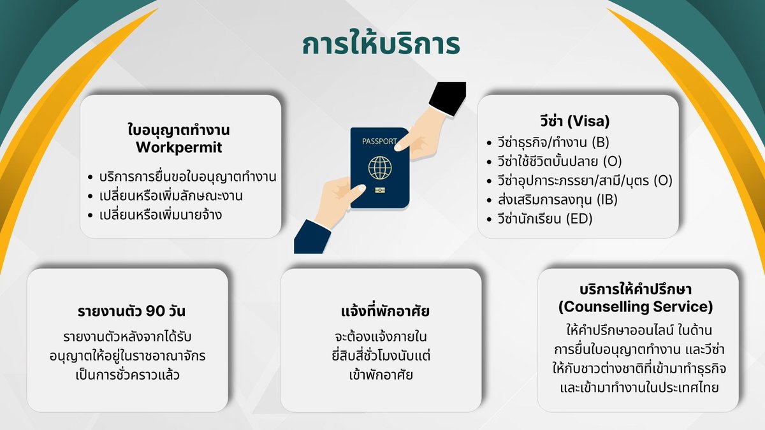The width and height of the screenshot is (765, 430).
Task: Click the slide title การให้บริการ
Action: (381, 46)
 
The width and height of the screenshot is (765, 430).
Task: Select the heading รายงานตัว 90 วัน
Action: (127, 312)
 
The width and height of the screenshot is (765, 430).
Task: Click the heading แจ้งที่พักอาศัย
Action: (381, 312)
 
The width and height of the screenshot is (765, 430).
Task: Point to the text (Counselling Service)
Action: (636, 307)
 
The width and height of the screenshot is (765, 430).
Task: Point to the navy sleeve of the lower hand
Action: (312, 237)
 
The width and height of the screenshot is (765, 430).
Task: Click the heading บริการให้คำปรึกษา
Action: (636, 290)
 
